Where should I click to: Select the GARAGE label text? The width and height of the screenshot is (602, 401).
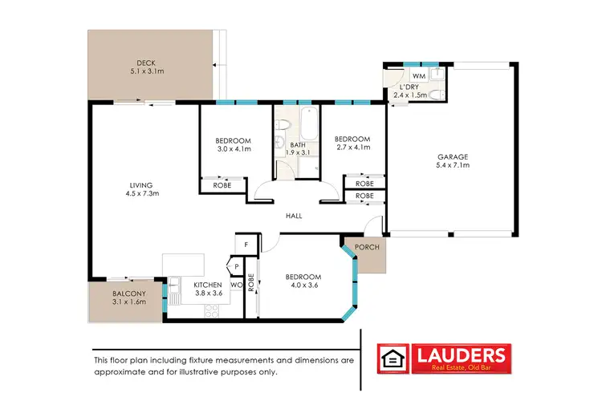[x=452, y=156]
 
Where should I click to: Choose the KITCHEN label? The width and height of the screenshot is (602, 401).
[x=207, y=285]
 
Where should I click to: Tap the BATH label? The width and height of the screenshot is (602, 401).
[x=298, y=144]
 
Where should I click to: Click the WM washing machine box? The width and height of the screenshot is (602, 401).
[x=418, y=75]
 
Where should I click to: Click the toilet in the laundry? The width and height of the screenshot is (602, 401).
[x=434, y=95]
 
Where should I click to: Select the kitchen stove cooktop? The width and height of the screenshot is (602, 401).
[x=213, y=312]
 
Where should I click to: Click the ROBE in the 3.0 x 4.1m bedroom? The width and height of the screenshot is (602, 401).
[x=222, y=185]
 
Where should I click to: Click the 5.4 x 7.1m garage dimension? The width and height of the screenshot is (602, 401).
[x=452, y=165]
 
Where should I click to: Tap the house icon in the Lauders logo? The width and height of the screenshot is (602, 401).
[x=394, y=358]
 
